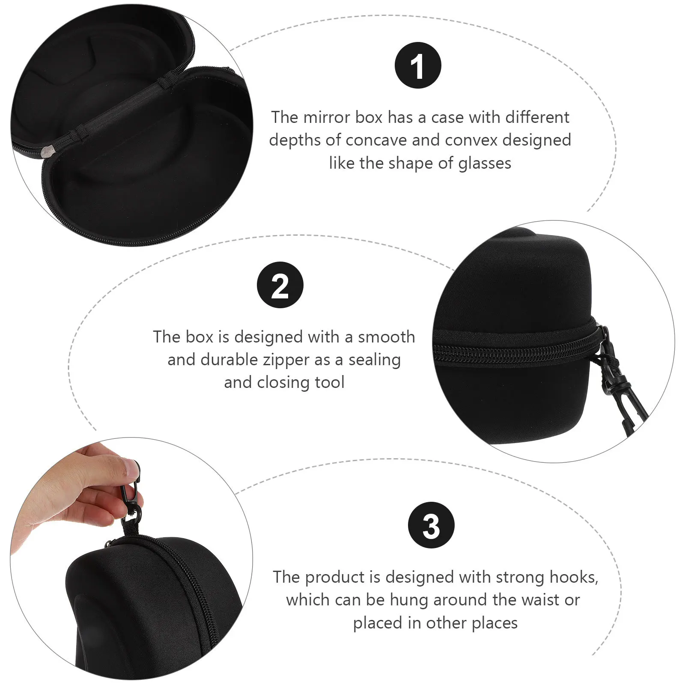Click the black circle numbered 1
[417, 65]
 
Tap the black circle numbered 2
[280, 285]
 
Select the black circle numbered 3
[431, 525]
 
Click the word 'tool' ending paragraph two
[329, 382]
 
